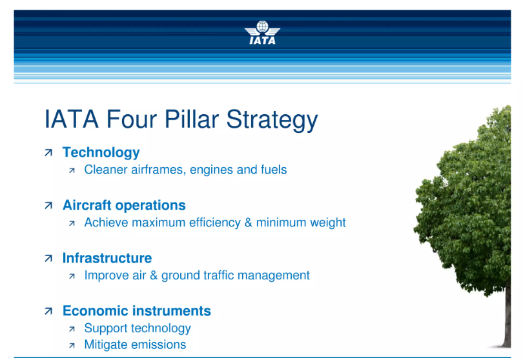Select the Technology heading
pyautogui.click(x=101, y=153)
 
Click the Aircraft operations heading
pyautogui.click(x=123, y=206)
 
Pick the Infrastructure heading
pyautogui.click(x=107, y=258)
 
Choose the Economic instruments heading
pyautogui.click(x=136, y=311)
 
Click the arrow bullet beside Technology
pyautogui.click(x=48, y=154)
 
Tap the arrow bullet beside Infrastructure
pyautogui.click(x=48, y=259)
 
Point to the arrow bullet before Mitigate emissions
pyautogui.click(x=72, y=346)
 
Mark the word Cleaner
pyautogui.click(x=106, y=170)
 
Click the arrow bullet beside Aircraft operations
pyautogui.click(x=48, y=206)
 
